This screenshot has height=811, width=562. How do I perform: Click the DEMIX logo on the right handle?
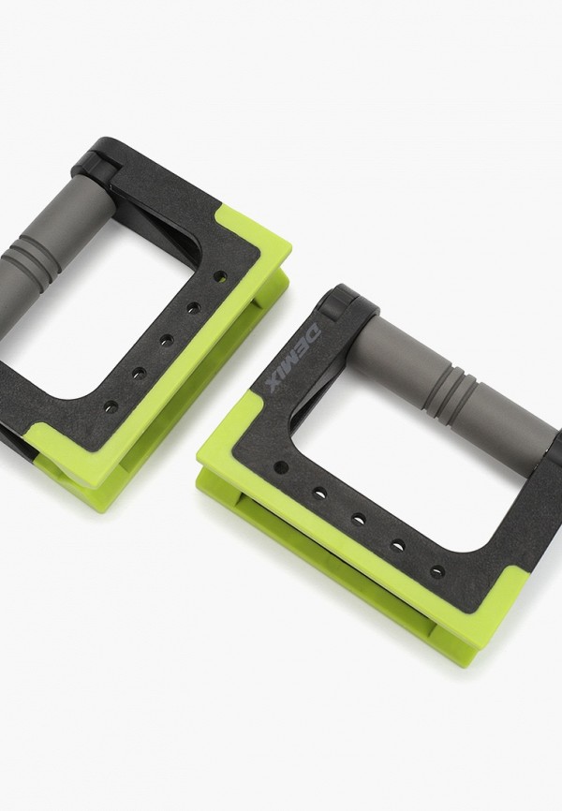click(x=290, y=358)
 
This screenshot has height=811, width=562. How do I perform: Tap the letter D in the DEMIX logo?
click(x=313, y=332)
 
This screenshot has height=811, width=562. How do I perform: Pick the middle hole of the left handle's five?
click(x=166, y=340)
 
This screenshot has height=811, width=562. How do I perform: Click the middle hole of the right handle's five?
click(x=358, y=519)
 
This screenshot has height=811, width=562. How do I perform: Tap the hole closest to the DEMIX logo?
click(x=280, y=468)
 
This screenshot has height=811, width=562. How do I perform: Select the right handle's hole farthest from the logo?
click(x=437, y=571)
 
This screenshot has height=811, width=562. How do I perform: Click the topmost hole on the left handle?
click(x=220, y=275)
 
